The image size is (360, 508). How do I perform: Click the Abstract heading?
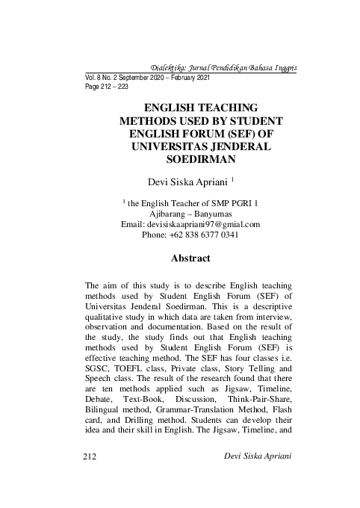click(191, 258)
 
